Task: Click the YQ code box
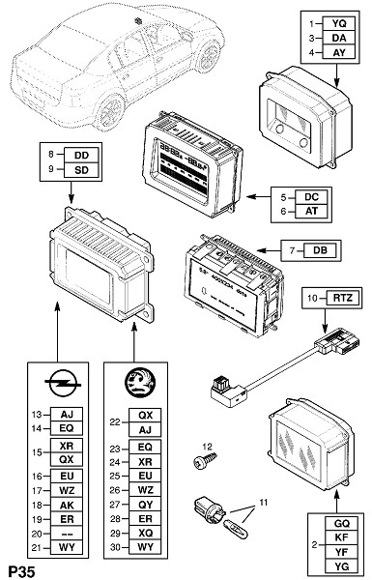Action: pyautogui.click(x=339, y=23)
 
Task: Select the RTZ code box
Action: pyautogui.click(x=342, y=298)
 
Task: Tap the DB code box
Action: pyautogui.click(x=320, y=250)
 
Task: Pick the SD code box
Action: pyautogui.click(x=82, y=170)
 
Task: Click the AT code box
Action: pyautogui.click(x=311, y=211)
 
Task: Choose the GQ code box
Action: pyautogui.click(x=342, y=523)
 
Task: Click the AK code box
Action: pyautogui.click(x=67, y=505)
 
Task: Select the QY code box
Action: pyautogui.click(x=145, y=505)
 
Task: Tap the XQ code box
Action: pyautogui.click(x=145, y=533)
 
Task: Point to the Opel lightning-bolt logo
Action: pyautogui.click(x=63, y=383)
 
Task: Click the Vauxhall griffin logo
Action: pyautogui.click(x=140, y=383)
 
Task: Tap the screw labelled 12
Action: pyautogui.click(x=205, y=460)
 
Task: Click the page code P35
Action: pyautogui.click(x=22, y=571)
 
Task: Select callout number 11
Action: pyautogui.click(x=263, y=503)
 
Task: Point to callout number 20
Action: pyautogui.click(x=37, y=534)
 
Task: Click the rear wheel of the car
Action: pyautogui.click(x=110, y=111)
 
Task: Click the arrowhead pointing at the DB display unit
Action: pyautogui.click(x=260, y=250)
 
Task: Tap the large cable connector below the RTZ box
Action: pyautogui.click(x=336, y=342)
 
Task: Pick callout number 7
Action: pyautogui.click(x=293, y=250)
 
